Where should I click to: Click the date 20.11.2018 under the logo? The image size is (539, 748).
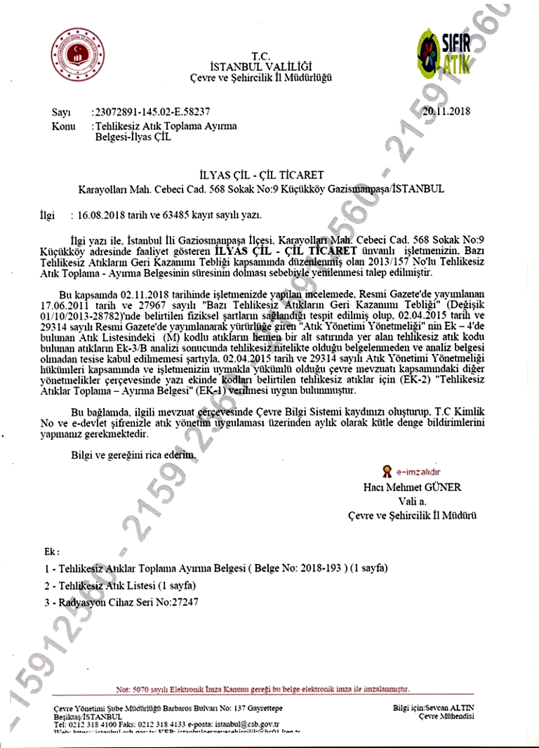446,111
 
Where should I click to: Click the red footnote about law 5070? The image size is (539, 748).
262,689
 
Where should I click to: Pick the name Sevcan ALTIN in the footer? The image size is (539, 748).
451,707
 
